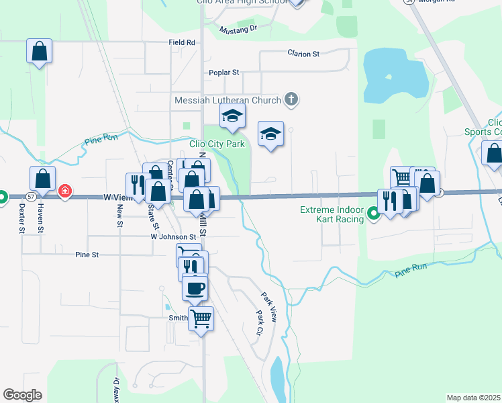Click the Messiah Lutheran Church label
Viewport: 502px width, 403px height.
[x=228, y=100]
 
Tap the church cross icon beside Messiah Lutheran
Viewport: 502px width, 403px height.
[x=291, y=99]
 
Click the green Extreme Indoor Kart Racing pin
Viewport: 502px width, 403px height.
[x=374, y=216]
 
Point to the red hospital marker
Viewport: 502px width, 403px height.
[x=64, y=191]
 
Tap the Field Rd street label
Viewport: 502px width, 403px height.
[x=182, y=42]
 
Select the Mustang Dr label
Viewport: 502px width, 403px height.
[x=239, y=29]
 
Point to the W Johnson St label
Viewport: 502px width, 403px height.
[x=173, y=236]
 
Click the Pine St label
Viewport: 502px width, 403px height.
[x=87, y=255]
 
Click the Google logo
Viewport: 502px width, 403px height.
[x=22, y=395]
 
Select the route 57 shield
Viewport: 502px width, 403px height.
[x=32, y=197]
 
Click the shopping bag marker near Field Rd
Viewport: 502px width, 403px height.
[x=40, y=51]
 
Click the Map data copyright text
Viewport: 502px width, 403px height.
[x=474, y=398]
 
